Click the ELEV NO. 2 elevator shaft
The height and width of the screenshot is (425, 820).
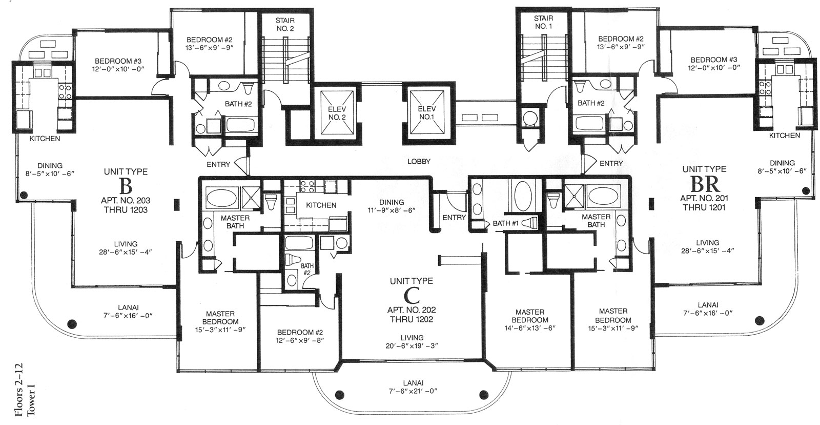[x=337, y=113]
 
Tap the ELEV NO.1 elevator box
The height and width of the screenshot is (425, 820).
[x=427, y=112]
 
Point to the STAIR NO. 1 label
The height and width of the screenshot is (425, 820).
[x=543, y=22]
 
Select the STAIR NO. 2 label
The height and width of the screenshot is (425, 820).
[x=285, y=25]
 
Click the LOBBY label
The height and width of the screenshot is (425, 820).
[x=419, y=161]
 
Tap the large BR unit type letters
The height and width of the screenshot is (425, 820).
[x=705, y=184]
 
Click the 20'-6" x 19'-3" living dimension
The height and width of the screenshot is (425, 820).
[x=412, y=346]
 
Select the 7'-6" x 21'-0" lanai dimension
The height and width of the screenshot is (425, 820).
[x=413, y=391]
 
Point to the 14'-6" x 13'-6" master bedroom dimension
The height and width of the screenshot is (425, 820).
[x=530, y=328]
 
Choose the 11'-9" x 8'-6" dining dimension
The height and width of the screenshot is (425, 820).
[x=392, y=210]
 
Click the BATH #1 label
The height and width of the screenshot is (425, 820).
[x=505, y=223]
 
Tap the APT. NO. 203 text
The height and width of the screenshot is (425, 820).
[x=126, y=201]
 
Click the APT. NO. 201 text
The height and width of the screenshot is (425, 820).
[x=704, y=198]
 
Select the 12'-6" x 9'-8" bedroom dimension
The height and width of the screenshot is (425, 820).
[x=300, y=340]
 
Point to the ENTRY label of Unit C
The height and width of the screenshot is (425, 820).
[x=454, y=218]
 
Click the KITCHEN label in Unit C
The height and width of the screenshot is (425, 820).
[x=321, y=205]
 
